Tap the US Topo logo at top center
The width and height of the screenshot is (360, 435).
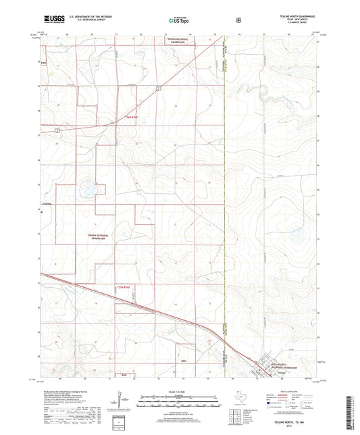(x=180, y=20)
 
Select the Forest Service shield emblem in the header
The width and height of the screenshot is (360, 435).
(x=238, y=20)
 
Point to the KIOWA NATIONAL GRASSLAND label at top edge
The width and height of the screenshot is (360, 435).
(x=180, y=41)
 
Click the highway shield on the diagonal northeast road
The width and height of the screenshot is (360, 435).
(x=157, y=88)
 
